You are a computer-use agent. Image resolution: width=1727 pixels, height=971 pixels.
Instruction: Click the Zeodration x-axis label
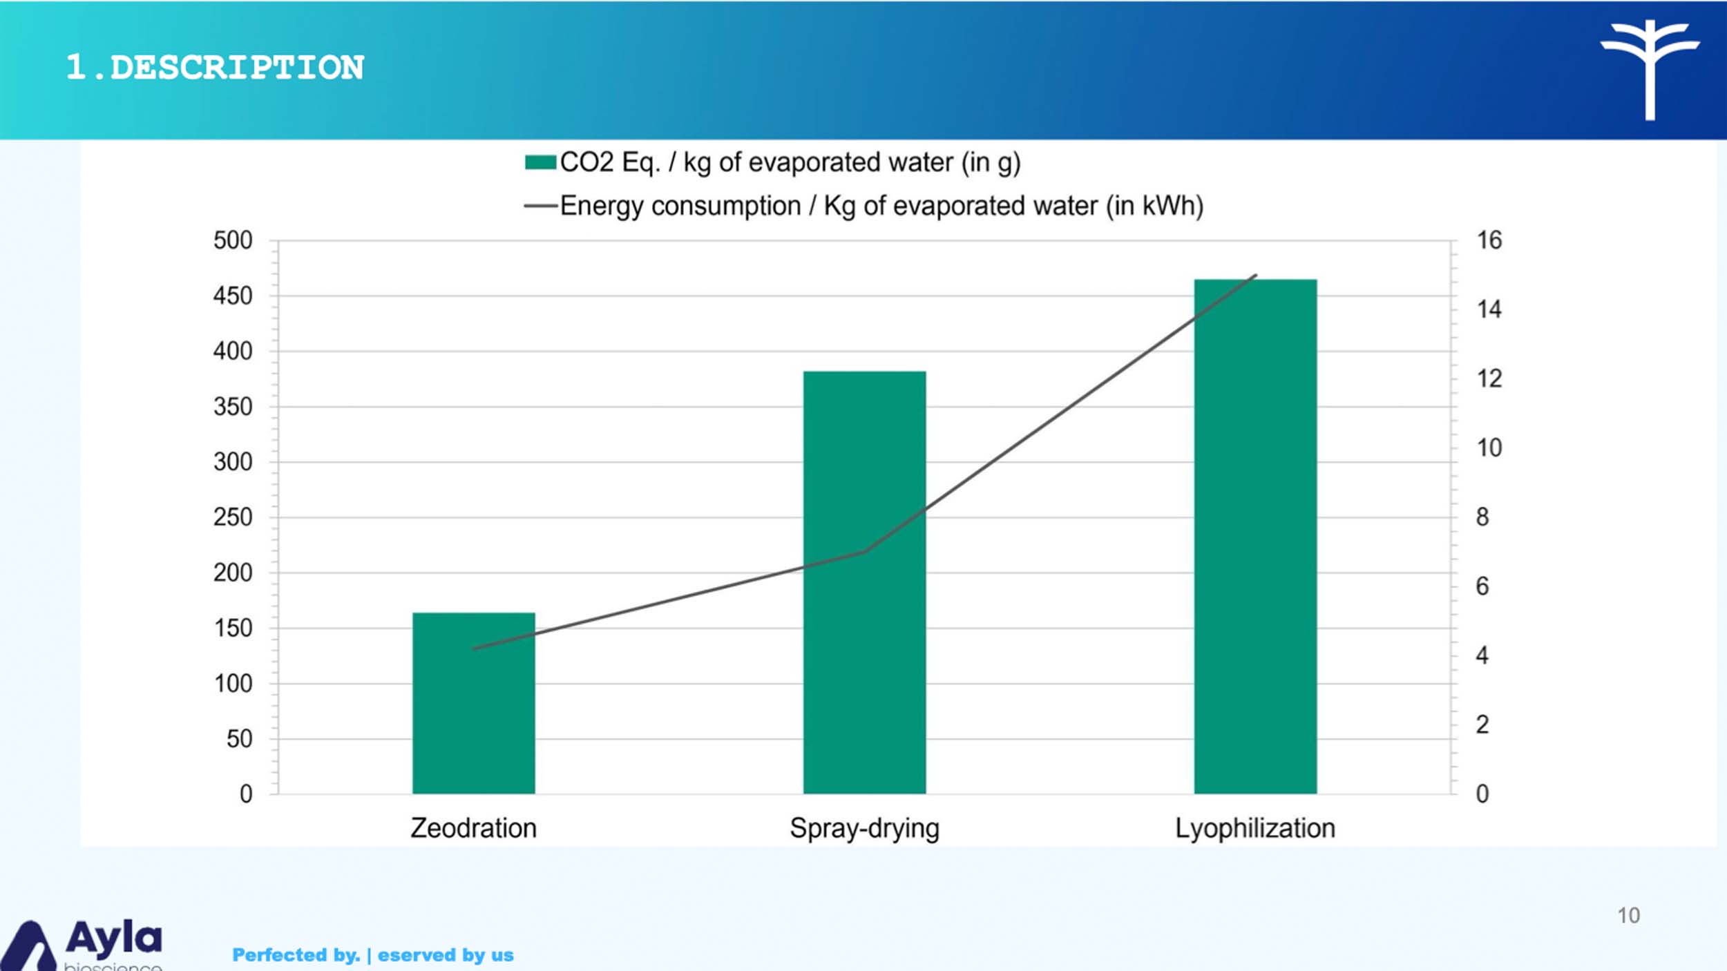(x=473, y=828)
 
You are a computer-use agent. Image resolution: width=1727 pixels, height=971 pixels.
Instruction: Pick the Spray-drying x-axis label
(x=864, y=828)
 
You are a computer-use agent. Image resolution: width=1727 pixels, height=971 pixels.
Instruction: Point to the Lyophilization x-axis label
(x=1255, y=828)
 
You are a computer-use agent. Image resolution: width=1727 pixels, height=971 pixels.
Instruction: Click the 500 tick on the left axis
(x=233, y=240)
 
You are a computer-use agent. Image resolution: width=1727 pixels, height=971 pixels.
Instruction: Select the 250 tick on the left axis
(x=233, y=517)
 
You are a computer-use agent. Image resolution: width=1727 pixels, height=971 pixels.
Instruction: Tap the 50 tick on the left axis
(x=239, y=739)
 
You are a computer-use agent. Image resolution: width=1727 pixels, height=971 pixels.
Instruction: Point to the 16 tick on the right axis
(x=1489, y=240)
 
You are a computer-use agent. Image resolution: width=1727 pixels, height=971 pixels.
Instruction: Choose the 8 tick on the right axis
(x=1482, y=517)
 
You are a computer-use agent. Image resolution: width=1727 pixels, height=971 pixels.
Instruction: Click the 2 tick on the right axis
(x=1482, y=724)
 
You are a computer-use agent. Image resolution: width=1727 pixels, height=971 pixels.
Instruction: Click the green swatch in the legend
(x=540, y=162)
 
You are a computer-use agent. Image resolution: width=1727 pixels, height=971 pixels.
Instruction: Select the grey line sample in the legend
(x=540, y=206)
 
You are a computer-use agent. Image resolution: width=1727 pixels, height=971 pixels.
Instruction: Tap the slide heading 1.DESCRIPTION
(x=215, y=68)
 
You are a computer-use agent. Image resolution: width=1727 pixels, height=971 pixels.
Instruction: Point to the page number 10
(x=1628, y=916)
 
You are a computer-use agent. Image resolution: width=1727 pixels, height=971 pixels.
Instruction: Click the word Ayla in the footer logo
(x=114, y=938)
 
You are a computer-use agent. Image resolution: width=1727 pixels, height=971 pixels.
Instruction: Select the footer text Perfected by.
(x=296, y=955)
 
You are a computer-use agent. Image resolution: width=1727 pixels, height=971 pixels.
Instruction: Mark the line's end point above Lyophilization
(x=1255, y=276)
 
